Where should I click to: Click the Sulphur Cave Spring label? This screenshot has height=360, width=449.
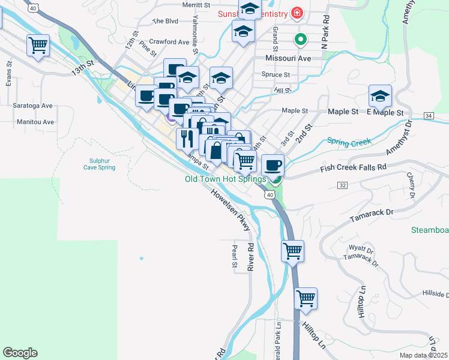(99, 164)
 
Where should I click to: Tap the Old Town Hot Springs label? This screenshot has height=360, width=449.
(225, 179)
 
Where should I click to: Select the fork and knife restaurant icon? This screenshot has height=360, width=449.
(185, 139)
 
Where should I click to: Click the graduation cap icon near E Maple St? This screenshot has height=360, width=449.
(380, 96)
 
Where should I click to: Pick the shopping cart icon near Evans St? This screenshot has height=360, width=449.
(38, 44)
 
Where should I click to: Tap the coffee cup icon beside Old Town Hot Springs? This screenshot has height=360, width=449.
(273, 164)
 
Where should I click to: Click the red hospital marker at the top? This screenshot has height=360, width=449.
(296, 13)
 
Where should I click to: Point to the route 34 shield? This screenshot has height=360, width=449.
(428, 115)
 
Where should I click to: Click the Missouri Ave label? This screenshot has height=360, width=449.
(288, 59)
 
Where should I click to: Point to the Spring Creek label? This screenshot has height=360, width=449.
(349, 142)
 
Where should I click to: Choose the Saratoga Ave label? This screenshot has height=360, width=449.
(33, 106)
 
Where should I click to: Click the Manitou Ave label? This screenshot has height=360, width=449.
(34, 122)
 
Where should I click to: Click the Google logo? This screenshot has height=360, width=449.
(20, 353)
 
